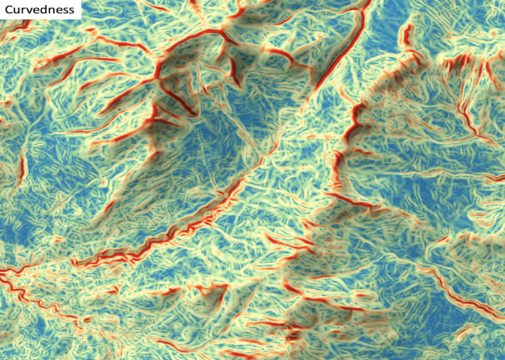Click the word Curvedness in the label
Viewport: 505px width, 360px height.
39,9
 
